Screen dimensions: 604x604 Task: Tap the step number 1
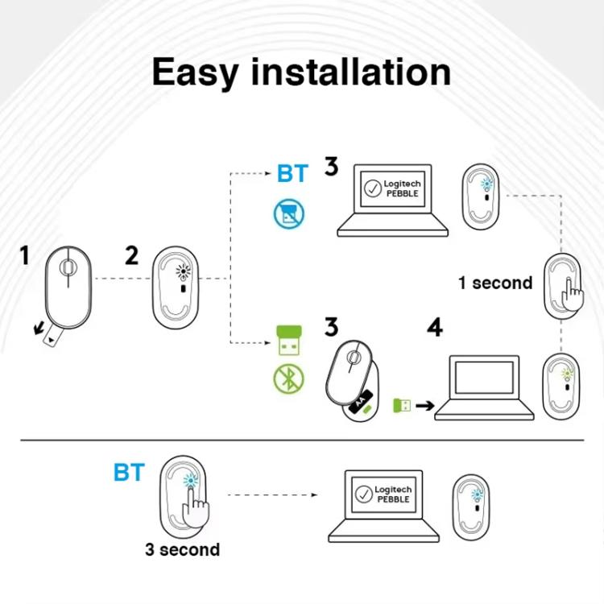point(24,256)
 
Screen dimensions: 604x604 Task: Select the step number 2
point(131,256)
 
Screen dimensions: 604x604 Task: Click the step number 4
point(435,328)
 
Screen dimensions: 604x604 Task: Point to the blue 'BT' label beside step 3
point(292,173)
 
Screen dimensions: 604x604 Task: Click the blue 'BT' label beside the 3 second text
point(129,473)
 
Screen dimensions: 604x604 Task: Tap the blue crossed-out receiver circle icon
point(288,213)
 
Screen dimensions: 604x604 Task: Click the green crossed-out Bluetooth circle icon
point(288,379)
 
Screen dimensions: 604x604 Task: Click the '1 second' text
point(495,283)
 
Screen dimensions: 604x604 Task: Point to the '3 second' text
point(182,550)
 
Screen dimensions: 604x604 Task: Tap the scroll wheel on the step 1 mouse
point(68,264)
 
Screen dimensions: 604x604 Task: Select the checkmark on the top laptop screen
point(372,189)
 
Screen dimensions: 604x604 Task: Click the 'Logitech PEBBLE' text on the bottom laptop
point(393,494)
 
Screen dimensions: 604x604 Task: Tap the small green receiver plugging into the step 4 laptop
point(401,405)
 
